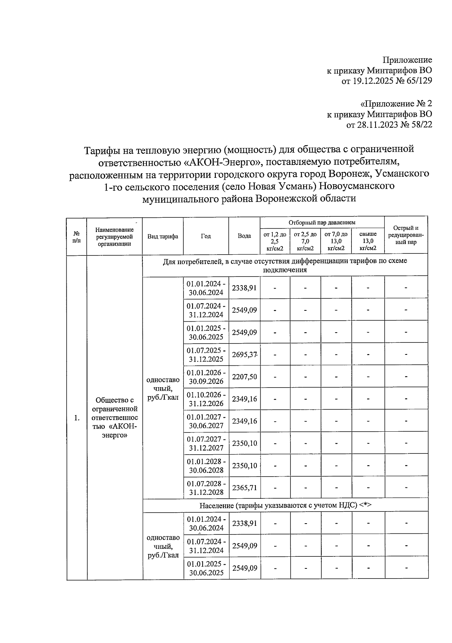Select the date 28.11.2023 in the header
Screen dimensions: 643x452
(377, 125)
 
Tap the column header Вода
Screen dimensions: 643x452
(244, 236)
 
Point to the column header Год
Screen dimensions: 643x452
(206, 236)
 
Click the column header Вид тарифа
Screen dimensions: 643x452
(163, 236)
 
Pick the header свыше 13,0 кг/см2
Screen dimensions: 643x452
(368, 241)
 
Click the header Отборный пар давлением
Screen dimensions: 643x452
(322, 223)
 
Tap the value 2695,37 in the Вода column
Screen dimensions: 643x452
(244, 354)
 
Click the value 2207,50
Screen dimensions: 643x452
(244, 377)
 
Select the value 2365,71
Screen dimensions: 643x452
(244, 488)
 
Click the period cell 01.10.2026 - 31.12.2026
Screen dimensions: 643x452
(206, 399)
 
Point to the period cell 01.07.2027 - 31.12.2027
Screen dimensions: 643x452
(206, 443)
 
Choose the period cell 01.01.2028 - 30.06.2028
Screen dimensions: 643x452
(206, 466)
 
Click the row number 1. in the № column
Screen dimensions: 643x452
(77, 417)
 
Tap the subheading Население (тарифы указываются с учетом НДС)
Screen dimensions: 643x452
(285, 505)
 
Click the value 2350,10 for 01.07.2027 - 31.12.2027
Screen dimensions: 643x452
(244, 443)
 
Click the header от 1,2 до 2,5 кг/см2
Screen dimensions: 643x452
(275, 241)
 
